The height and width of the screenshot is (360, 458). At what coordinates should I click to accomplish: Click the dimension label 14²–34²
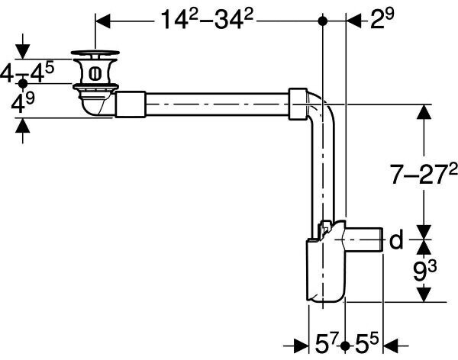tap(207, 19)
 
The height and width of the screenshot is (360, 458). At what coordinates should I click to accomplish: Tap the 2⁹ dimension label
tap(382, 18)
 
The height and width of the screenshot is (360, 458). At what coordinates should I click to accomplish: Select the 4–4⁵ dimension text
tap(27, 73)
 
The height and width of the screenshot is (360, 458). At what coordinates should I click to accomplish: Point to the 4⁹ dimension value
tap(23, 103)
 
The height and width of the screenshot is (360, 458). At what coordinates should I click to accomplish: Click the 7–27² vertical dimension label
tap(424, 174)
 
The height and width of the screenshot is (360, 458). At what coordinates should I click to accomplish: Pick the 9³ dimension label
tap(425, 271)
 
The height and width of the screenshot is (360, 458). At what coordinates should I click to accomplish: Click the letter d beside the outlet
tap(396, 239)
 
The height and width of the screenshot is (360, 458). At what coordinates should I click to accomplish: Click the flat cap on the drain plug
tap(95, 53)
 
